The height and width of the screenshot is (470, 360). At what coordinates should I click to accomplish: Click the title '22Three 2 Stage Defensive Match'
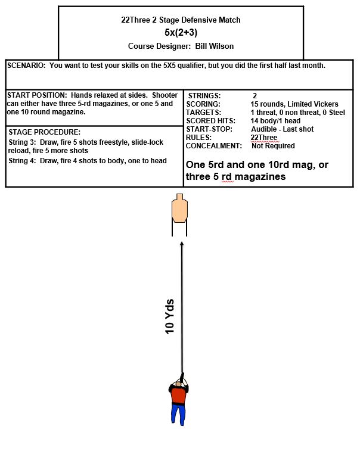click(181, 20)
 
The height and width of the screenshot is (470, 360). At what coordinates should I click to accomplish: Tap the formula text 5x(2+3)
click(181, 32)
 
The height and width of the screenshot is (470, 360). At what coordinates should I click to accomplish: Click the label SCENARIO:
click(27, 65)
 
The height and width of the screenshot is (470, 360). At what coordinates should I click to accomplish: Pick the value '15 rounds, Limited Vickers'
click(294, 104)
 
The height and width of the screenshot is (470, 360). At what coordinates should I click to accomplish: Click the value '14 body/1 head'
click(275, 121)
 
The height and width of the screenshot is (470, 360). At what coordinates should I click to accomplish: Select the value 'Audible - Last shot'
click(283, 129)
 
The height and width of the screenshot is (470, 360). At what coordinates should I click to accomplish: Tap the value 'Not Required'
click(273, 146)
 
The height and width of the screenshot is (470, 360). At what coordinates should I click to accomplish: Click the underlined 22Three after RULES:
click(263, 138)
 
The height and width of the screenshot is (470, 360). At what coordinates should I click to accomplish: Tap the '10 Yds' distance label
click(170, 315)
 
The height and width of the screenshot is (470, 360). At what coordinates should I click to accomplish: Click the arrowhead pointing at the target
click(182, 244)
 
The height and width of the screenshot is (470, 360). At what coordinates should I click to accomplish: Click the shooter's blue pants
click(177, 415)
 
